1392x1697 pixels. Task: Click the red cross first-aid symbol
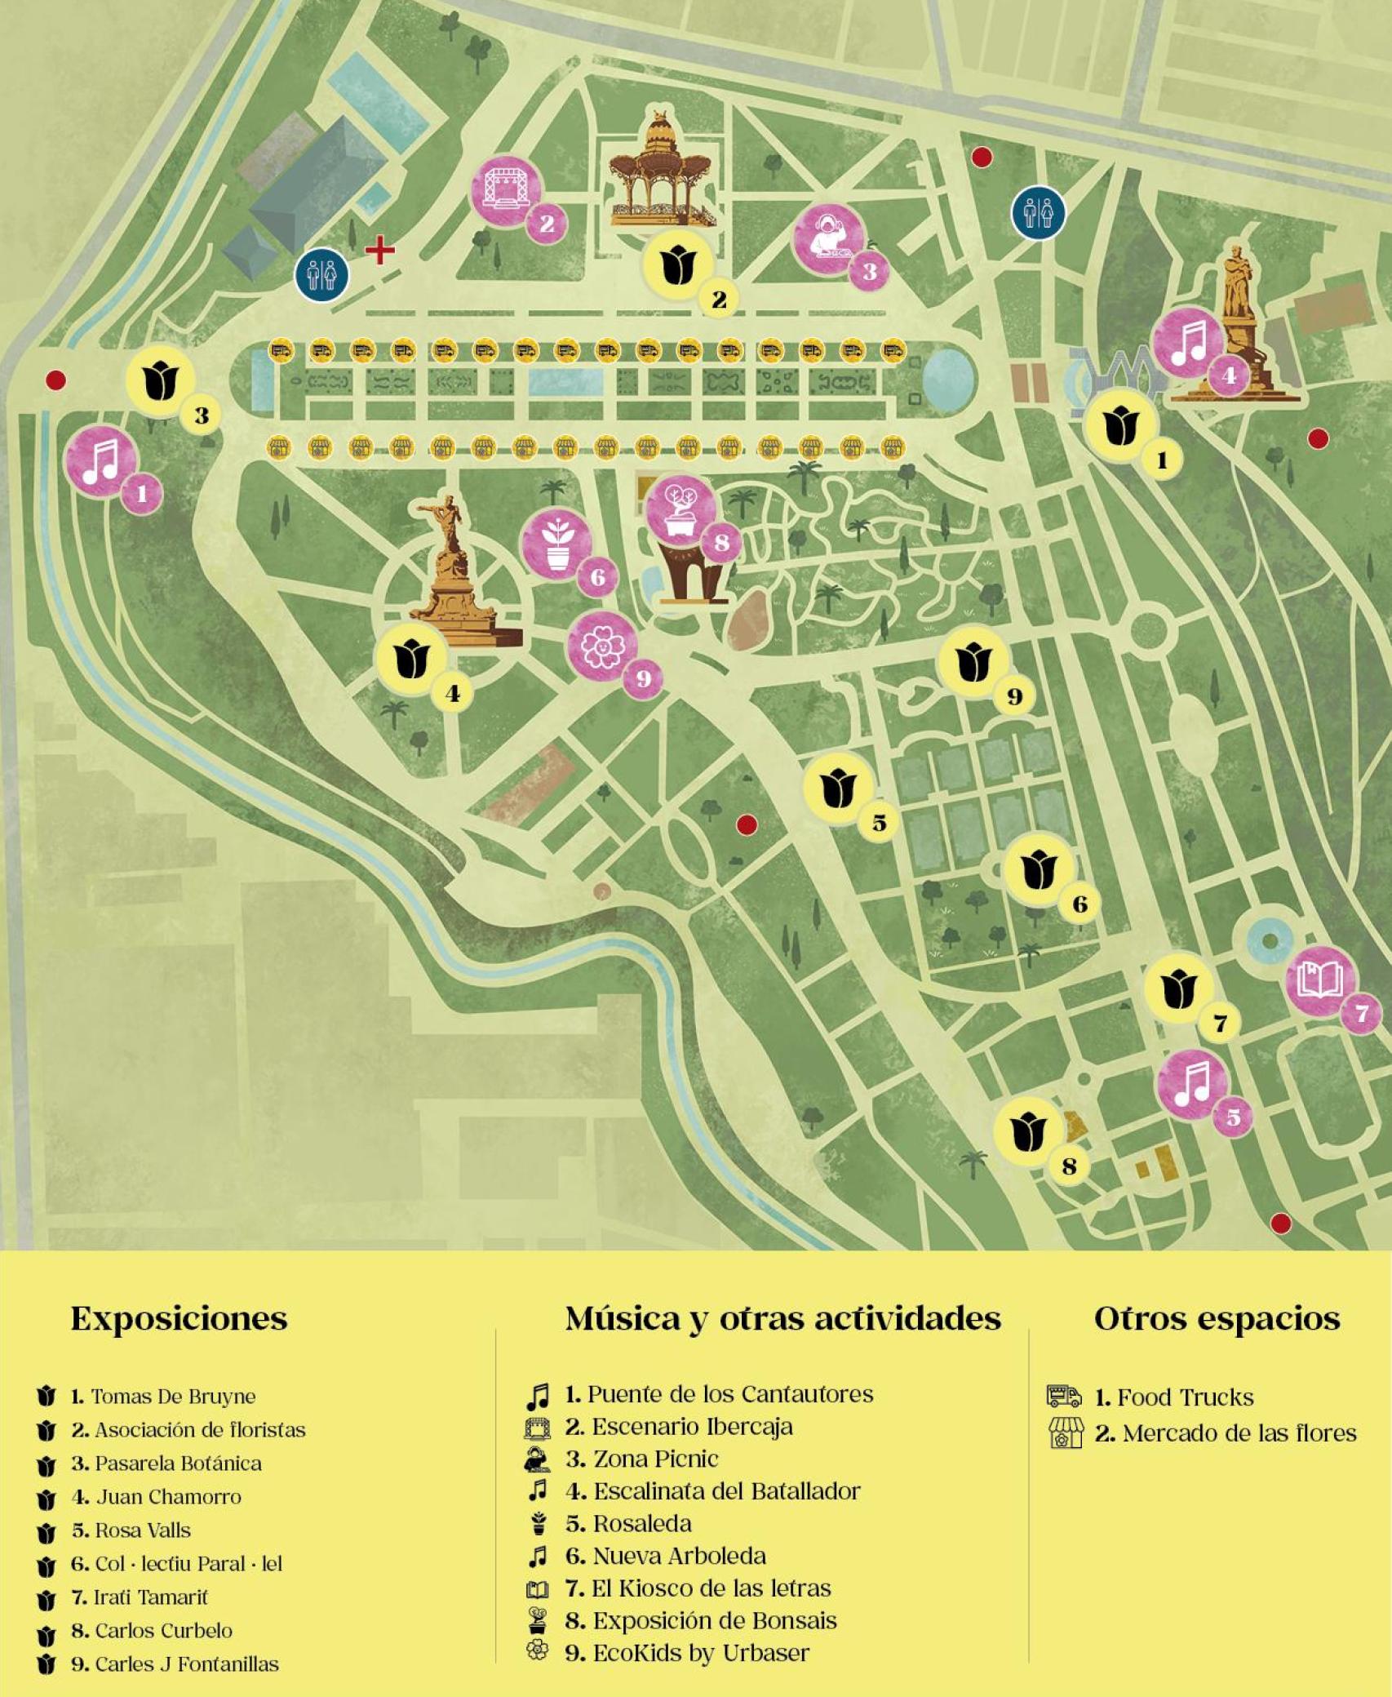pyautogui.click(x=379, y=250)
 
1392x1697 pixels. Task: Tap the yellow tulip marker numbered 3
pyautogui.click(x=162, y=381)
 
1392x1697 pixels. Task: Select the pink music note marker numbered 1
pyautogui.click(x=100, y=460)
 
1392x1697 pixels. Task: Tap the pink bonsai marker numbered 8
pyautogui.click(x=680, y=511)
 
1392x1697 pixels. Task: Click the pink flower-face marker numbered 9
pyautogui.click(x=602, y=646)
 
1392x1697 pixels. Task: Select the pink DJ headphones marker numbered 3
pyautogui.click(x=828, y=238)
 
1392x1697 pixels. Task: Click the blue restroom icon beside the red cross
pyautogui.click(x=321, y=275)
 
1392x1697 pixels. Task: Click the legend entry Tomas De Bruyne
pyautogui.click(x=173, y=1397)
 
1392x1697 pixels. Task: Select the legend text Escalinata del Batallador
pyautogui.click(x=726, y=1491)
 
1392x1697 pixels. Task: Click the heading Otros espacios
pyautogui.click(x=1217, y=1318)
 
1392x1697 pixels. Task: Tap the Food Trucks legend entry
pyautogui.click(x=1185, y=1397)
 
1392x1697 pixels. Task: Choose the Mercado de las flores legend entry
pyautogui.click(x=1239, y=1433)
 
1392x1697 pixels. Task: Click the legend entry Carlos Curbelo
pyautogui.click(x=163, y=1631)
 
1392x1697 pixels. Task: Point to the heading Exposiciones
pyautogui.click(x=179, y=1318)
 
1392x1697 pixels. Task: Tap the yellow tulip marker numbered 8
pyautogui.click(x=1028, y=1132)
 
